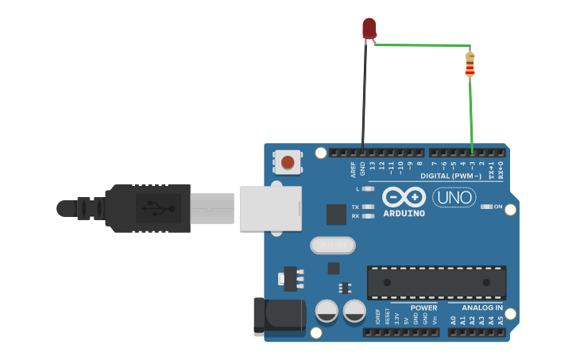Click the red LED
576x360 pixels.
click(369, 29)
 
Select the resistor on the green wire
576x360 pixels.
click(470, 65)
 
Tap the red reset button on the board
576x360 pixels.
click(288, 163)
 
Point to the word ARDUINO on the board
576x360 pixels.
click(404, 213)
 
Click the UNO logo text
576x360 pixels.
click(454, 196)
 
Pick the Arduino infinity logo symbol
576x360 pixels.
click(404, 197)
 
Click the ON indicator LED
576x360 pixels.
click(487, 207)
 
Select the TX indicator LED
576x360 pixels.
click(367, 206)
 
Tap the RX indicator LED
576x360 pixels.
click(367, 215)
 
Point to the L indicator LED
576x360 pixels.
click(367, 188)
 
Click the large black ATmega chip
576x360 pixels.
click(436, 282)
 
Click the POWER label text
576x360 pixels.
click(423, 307)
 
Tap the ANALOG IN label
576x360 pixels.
click(482, 307)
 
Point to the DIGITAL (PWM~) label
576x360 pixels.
click(451, 176)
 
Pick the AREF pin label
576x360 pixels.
click(354, 169)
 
